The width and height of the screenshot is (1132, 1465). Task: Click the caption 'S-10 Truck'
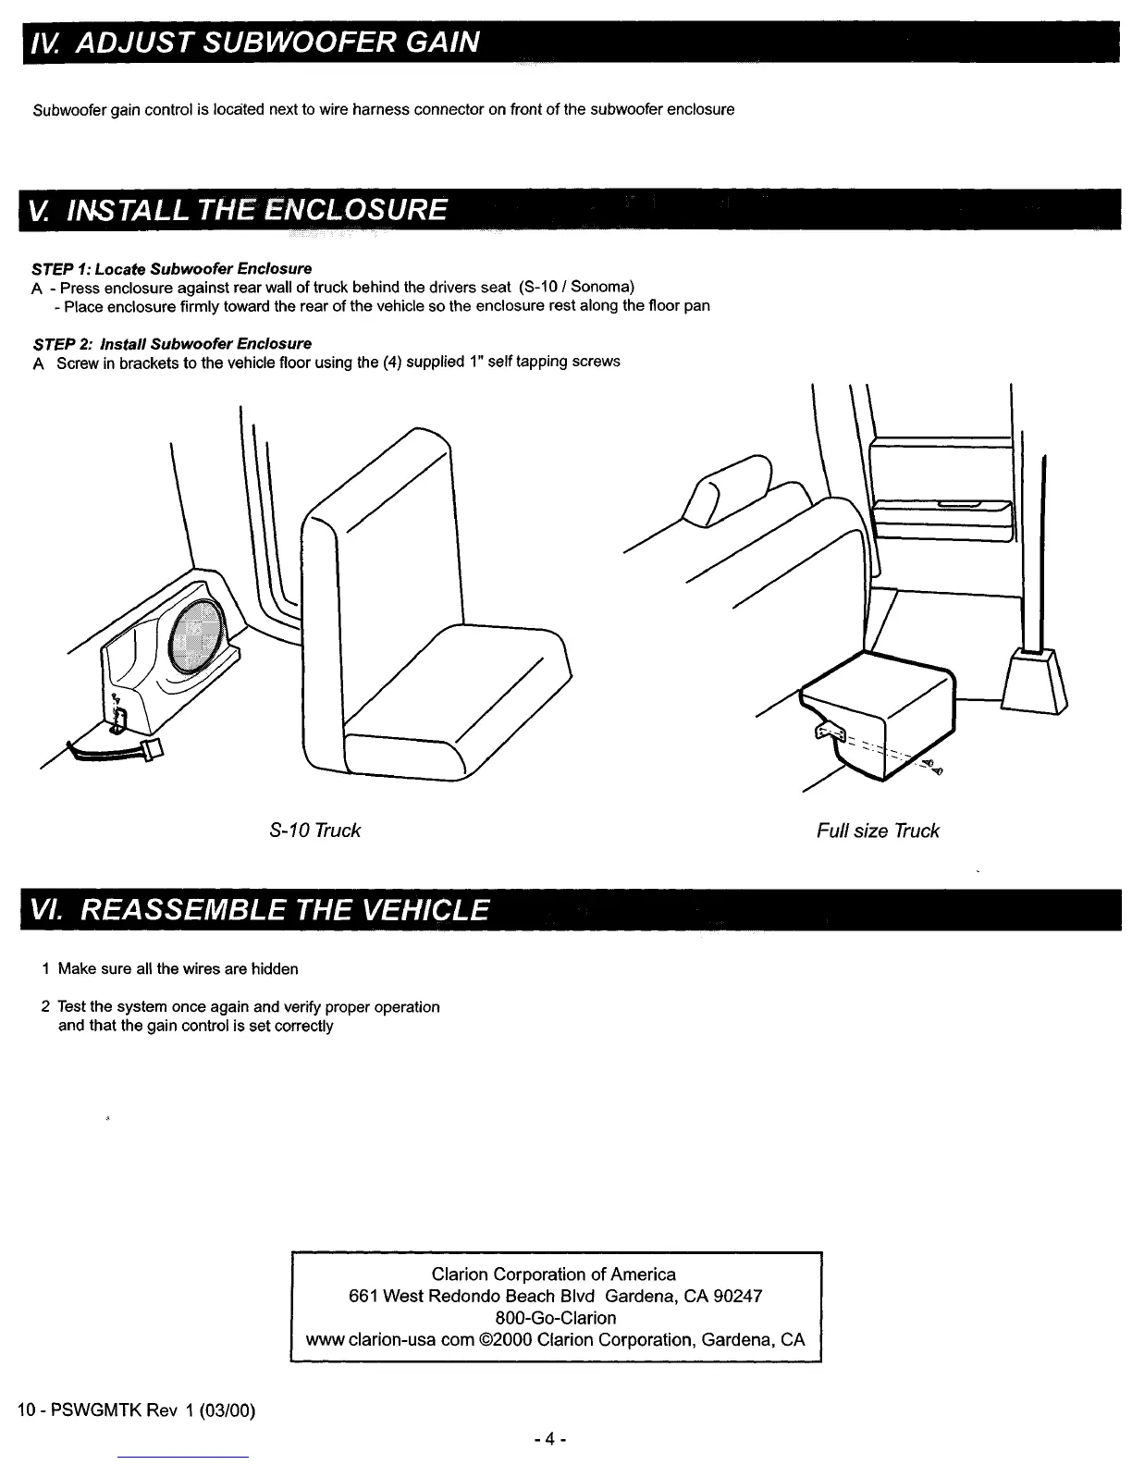314,831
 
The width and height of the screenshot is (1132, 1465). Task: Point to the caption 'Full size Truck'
877,831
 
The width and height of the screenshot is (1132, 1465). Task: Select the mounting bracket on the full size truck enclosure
827,732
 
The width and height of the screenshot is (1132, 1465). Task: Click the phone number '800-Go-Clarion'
555,1317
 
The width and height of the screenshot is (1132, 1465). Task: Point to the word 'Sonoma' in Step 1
601,287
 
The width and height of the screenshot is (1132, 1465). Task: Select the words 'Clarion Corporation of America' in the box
554,1274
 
